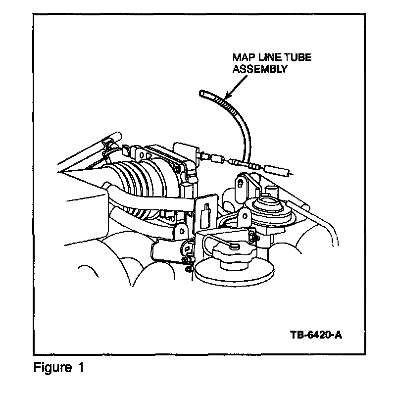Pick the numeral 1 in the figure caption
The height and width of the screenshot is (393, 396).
click(x=80, y=368)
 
